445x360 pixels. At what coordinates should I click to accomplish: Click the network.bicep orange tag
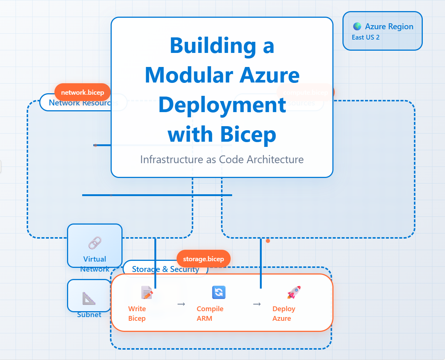tap(83, 92)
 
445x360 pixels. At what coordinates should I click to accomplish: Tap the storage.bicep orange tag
tap(203, 259)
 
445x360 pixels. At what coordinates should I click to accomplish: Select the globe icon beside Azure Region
tap(357, 27)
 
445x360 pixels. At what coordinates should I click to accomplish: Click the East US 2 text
tap(365, 37)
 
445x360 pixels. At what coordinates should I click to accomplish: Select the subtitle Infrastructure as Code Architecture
tap(222, 159)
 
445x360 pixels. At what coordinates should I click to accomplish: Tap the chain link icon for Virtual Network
tap(95, 243)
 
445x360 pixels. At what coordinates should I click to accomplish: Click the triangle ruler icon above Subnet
tap(89, 298)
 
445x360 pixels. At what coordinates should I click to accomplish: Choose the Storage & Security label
tap(165, 269)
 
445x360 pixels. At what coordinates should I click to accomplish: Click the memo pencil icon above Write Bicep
tap(147, 293)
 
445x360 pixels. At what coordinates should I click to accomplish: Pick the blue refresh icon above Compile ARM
tap(219, 292)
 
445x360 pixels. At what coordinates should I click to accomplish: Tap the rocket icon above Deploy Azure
tap(294, 292)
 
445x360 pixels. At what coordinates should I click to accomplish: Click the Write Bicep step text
tap(137, 313)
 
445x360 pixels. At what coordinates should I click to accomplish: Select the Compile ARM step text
tap(210, 313)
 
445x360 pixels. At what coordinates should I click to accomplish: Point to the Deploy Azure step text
tap(284, 313)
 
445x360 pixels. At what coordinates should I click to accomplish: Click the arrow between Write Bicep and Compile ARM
tap(181, 304)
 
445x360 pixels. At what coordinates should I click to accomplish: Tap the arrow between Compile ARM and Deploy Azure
tap(257, 304)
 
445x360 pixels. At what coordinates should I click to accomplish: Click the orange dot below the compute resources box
tap(268, 241)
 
